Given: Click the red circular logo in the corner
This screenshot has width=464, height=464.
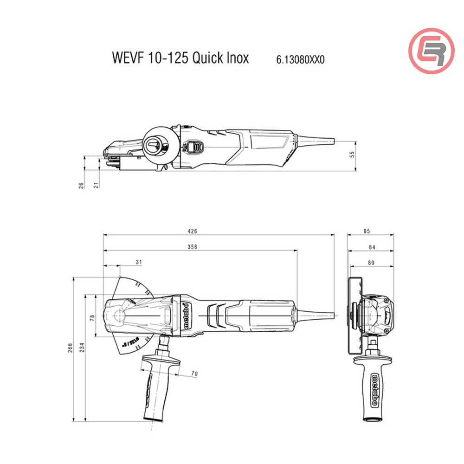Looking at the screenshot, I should click(431, 51).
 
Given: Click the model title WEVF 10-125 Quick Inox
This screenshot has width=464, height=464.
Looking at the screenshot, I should click(180, 58).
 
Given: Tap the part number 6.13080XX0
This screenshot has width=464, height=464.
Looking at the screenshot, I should click(300, 59).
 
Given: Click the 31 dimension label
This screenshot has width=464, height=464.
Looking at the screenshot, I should click(138, 262).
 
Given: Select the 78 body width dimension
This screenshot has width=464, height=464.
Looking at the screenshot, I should click(92, 317).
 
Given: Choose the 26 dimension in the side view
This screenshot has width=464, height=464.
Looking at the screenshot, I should click(82, 185).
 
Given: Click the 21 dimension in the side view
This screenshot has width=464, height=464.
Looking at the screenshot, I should click(97, 185).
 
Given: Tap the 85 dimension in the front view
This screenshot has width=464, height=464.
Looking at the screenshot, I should click(367, 231).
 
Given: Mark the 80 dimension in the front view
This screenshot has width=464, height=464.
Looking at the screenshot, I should click(371, 263).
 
